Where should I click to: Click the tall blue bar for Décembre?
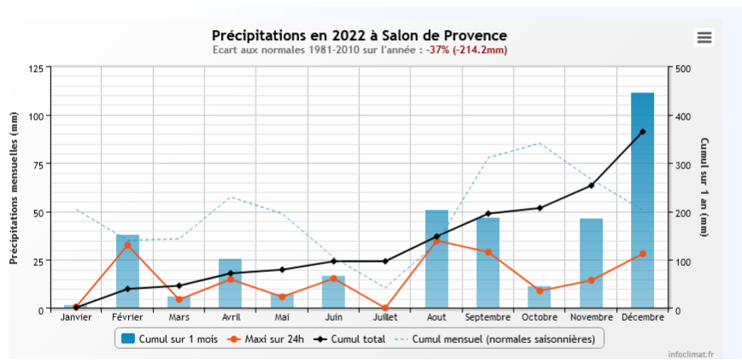pos(642,200)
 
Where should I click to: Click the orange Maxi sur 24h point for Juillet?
pos(385,308)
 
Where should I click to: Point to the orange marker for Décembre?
pos(642,254)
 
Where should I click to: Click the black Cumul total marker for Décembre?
pos(642,132)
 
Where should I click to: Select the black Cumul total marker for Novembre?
pos(591,186)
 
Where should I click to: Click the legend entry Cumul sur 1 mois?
pos(168,339)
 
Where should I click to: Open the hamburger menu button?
pos(704,37)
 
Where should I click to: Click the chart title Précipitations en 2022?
pos(359,35)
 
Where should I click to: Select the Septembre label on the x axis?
pos(487,318)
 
